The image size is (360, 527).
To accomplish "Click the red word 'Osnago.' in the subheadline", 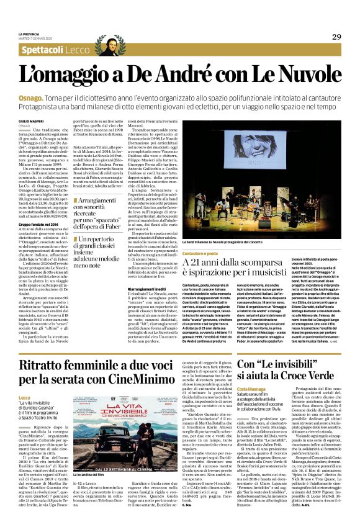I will pyautogui.click(x=29, y=99).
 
